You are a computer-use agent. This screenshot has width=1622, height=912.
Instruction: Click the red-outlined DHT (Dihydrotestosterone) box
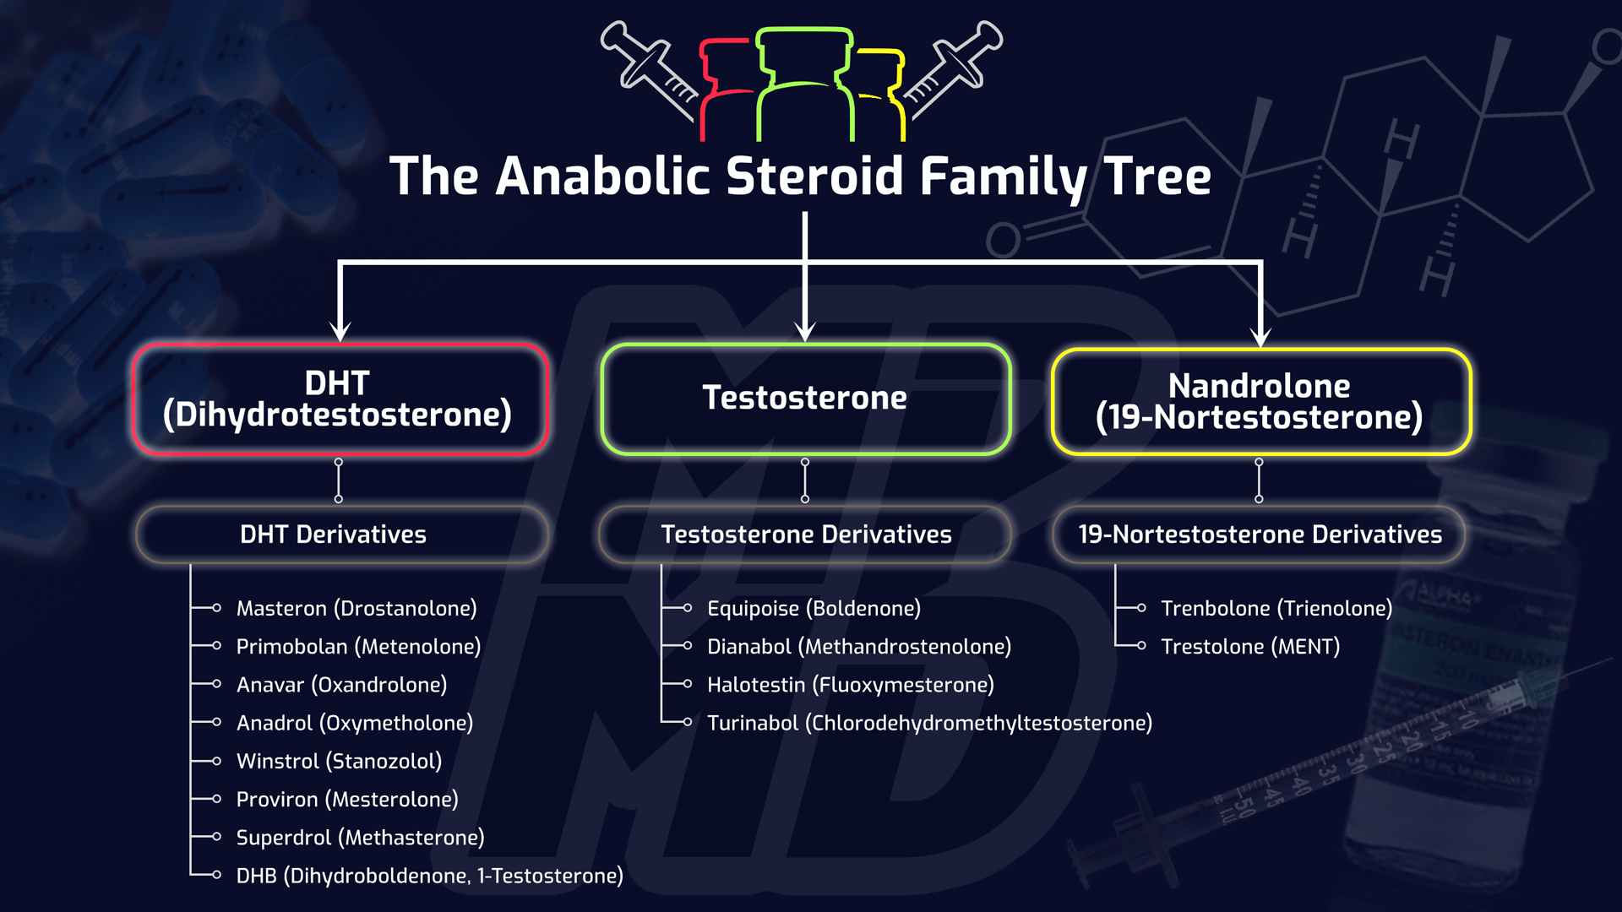point(340,399)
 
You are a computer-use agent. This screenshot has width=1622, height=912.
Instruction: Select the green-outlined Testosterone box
point(805,398)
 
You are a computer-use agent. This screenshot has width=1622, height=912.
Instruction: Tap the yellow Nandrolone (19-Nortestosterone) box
point(1260,401)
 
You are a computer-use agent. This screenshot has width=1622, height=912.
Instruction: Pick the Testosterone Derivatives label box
point(806,535)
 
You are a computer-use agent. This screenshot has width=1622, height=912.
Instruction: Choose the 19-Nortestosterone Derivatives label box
point(1260,535)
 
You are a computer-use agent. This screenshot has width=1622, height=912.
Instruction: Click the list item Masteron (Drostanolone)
point(356,608)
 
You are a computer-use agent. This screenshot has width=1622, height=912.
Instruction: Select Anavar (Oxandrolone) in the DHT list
point(341,684)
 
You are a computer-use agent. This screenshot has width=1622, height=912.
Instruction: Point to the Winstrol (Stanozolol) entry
point(339,761)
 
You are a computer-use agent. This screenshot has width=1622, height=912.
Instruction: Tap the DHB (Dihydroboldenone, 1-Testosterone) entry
point(429,876)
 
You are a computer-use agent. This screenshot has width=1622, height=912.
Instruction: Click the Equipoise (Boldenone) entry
point(814,608)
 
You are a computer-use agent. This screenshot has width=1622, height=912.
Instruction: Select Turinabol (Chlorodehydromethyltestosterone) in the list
point(929,723)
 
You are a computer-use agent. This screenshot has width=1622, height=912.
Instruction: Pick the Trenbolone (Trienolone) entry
point(1276,608)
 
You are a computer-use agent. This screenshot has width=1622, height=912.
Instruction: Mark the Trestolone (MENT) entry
point(1249,646)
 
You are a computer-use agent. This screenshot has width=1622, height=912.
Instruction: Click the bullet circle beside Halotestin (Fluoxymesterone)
point(688,684)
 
